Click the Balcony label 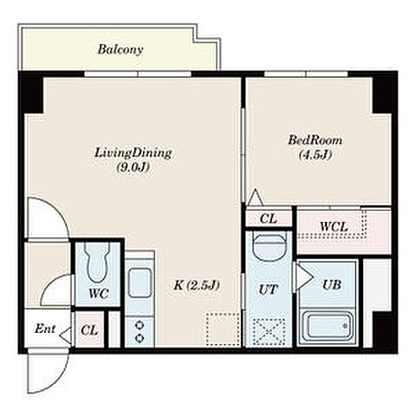120,49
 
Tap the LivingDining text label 133,153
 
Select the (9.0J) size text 133,167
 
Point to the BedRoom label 315,140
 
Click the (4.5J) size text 315,155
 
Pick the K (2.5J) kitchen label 197,285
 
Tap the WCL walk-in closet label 334,227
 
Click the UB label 332,285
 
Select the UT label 268,289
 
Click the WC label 99,294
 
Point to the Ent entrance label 45,328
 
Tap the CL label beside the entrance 89,330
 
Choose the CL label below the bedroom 269,218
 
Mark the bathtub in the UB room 328,327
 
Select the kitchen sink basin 140,283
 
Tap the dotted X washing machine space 269,331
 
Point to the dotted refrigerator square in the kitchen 223,328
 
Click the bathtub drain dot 345,326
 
